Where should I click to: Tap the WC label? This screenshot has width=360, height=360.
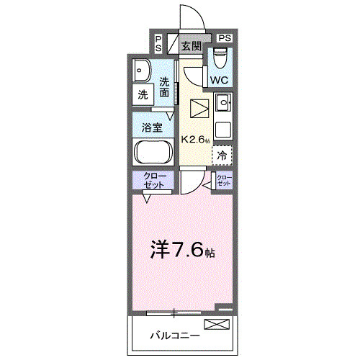[219, 80]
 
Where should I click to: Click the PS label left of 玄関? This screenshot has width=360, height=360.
[158, 42]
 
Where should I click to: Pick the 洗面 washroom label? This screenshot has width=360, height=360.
[166, 87]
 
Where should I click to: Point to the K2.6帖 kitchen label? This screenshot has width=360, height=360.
[195, 140]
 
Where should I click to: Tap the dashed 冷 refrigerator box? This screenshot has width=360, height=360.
[222, 153]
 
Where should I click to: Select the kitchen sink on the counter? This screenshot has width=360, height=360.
[222, 104]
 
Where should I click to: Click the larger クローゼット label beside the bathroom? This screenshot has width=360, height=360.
[152, 181]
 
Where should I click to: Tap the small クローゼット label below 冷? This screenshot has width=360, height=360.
[225, 181]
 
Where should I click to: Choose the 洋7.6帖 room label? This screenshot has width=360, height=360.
[181, 250]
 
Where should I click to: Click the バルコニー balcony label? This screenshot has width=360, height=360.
[170, 336]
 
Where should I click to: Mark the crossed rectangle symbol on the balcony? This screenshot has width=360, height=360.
[217, 325]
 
